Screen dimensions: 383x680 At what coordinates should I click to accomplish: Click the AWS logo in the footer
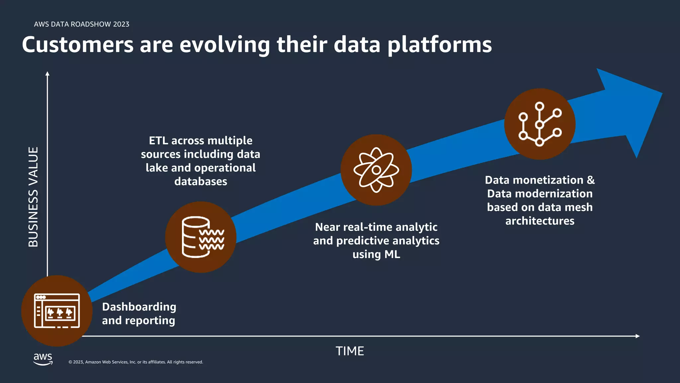coord(43,359)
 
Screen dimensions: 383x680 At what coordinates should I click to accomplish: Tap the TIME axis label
coord(350,351)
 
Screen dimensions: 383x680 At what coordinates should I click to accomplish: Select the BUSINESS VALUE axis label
coord(33,197)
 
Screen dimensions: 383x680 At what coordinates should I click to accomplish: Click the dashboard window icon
coord(57,311)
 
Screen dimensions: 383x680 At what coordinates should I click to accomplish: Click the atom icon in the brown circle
coord(376,170)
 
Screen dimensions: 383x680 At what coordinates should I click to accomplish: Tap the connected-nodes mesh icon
coord(540,124)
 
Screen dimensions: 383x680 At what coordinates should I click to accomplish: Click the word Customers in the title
coord(77,45)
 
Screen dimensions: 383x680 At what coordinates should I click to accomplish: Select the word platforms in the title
coord(440,45)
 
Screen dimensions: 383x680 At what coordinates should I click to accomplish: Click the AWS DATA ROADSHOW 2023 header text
coord(81,24)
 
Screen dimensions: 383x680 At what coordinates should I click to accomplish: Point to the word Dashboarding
coord(139,307)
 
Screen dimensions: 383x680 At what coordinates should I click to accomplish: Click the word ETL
coord(158,141)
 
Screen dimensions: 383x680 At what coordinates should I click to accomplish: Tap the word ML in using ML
coord(392,254)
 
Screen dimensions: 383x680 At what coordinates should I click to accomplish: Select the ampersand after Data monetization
coord(591,180)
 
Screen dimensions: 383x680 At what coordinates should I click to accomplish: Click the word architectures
coord(540,221)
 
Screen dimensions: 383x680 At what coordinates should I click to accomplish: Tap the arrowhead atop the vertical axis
coord(47,73)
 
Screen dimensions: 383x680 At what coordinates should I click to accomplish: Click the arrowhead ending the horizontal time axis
coord(637,336)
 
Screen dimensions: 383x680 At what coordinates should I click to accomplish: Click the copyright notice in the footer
coord(135,362)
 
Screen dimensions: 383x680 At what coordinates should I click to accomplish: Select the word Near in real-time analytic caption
coord(327,227)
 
